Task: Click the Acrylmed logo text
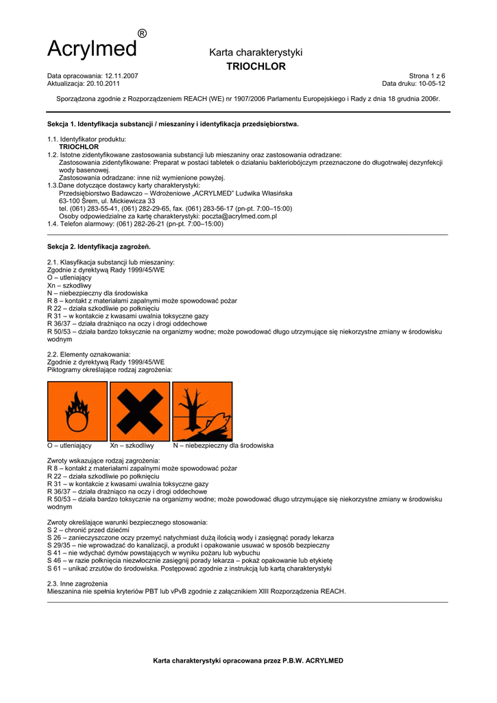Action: pos(92,49)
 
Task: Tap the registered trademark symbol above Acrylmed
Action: pos(142,34)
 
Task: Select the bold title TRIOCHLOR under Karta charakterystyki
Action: pos(256,67)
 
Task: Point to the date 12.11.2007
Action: pos(121,76)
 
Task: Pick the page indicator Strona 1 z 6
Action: pos(427,76)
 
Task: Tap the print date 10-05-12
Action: pos(432,83)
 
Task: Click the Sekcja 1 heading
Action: pos(173,124)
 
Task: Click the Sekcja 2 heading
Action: pos(99,246)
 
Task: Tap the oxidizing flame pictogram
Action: pos(77,411)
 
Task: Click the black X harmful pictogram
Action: pos(140,411)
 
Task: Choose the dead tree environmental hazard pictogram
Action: pos(202,411)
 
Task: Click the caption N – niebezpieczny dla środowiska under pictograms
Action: pos(223,446)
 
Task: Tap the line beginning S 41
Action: pos(153,553)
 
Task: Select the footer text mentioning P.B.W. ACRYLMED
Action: pos(248,660)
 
